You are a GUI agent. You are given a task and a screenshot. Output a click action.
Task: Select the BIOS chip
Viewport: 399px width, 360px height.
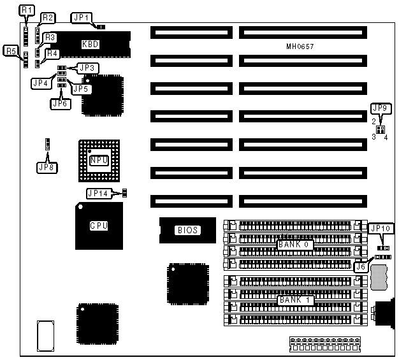tap(187, 230)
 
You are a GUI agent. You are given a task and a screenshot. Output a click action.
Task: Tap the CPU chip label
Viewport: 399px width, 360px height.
tap(99, 225)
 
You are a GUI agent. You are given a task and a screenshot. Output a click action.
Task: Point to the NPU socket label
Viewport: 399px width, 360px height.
tap(99, 161)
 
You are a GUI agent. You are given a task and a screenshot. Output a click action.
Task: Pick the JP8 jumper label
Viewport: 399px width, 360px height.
tap(47, 168)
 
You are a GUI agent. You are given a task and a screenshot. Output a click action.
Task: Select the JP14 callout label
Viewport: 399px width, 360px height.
tap(98, 193)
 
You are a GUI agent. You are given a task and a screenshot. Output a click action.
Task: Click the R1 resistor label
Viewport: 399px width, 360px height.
tap(25, 11)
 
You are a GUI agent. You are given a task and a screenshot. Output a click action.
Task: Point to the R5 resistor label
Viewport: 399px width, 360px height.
tap(11, 50)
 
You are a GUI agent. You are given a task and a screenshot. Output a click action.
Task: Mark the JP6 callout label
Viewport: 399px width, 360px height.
tap(59, 103)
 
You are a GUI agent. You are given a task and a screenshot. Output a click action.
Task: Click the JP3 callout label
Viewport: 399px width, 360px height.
tap(87, 67)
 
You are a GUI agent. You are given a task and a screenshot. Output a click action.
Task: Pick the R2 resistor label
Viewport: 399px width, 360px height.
tap(48, 17)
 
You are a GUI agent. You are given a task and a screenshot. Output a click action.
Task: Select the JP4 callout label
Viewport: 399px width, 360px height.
tap(40, 82)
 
